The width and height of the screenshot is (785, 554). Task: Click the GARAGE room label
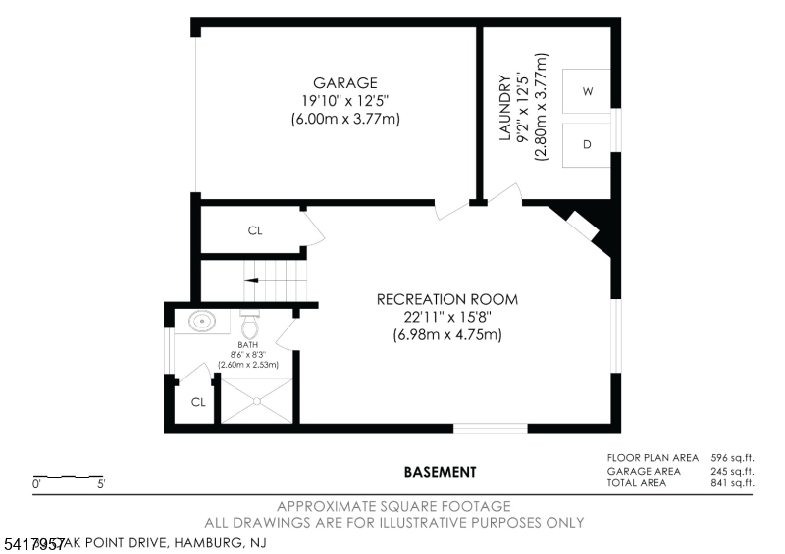click(x=344, y=83)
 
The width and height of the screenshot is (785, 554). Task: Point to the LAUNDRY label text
click(x=505, y=108)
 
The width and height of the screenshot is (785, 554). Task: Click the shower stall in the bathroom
click(x=257, y=400)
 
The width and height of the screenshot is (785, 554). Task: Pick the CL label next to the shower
click(x=198, y=402)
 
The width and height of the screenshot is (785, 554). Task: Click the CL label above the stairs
click(x=255, y=231)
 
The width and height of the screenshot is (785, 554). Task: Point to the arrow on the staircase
click(x=253, y=279)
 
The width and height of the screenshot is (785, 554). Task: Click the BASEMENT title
click(x=441, y=472)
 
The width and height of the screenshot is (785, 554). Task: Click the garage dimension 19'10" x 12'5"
click(x=344, y=101)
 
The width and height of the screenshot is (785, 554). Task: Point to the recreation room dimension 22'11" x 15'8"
click(x=447, y=318)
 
